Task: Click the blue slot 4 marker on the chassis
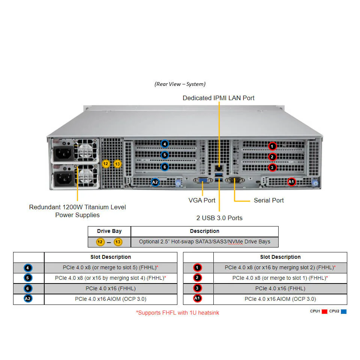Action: coord(165,144)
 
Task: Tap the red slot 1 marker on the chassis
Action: coord(272,146)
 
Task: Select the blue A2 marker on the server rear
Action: coord(155,182)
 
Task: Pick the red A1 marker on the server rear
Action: coord(291,182)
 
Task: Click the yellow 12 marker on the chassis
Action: coord(106,164)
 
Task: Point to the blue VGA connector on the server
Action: coord(203,180)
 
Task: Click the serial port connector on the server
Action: coord(235,180)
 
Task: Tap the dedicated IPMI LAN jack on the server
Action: coord(219,168)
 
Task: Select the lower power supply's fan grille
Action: coord(85,176)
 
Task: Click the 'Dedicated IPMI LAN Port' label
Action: coord(219,98)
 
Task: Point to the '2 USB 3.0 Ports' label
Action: coord(219,218)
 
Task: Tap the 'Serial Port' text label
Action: coord(269,200)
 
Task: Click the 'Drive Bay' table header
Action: coord(109,231)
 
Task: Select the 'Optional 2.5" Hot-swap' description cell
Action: coord(205,242)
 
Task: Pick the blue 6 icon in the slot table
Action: coord(28,288)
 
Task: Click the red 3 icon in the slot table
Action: coord(197,288)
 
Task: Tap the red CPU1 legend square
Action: coord(324,312)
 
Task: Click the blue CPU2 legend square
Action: coord(344,312)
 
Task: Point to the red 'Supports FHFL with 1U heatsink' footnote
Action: coord(177,313)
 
